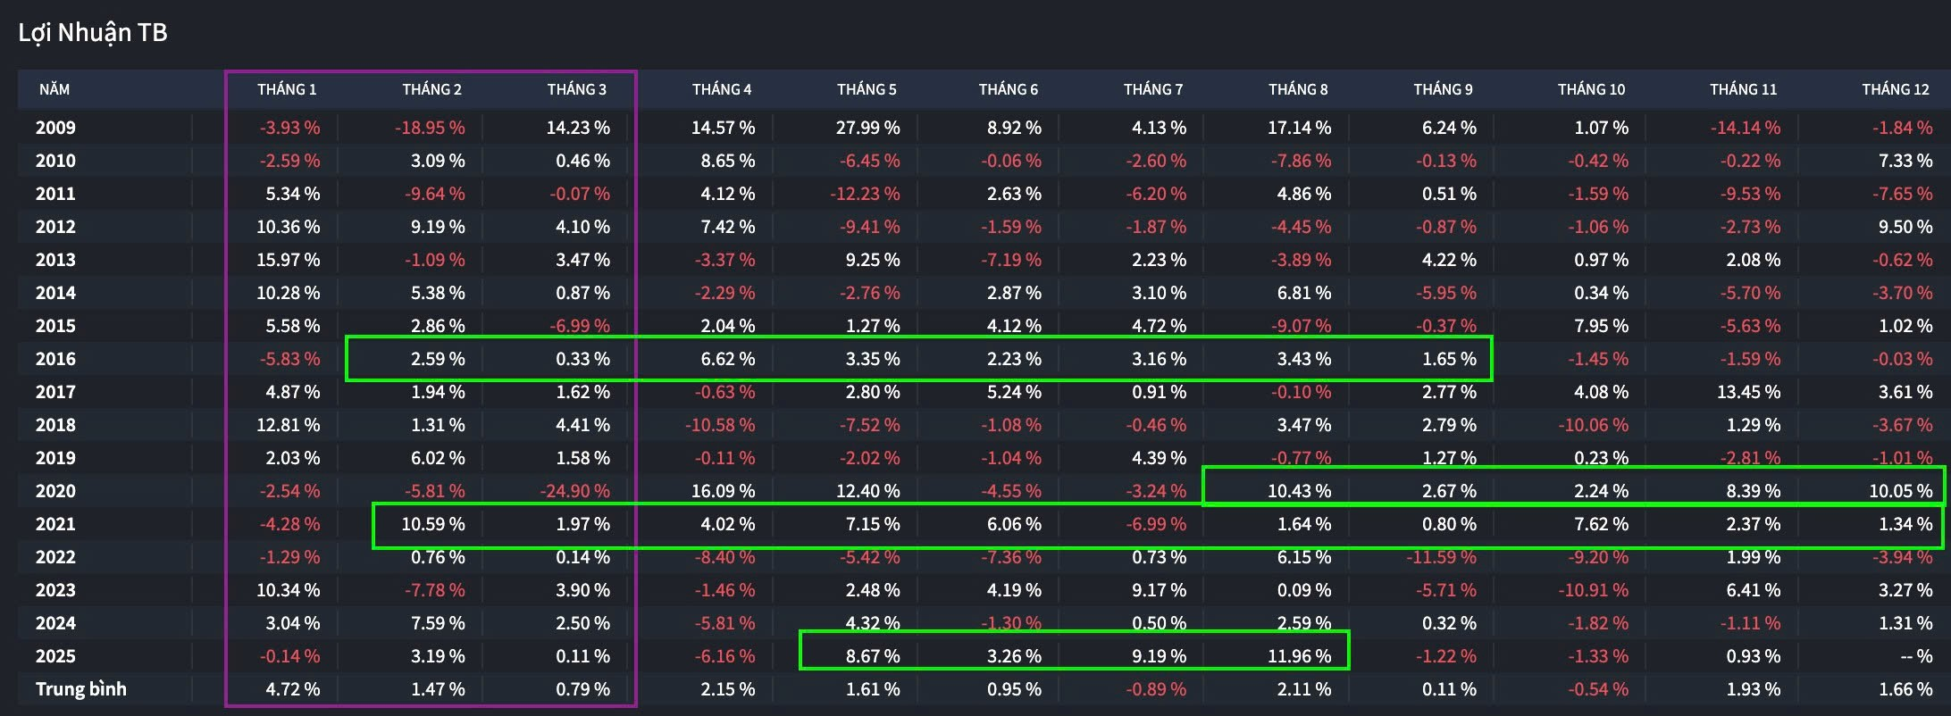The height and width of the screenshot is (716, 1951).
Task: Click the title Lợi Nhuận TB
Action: [93, 33]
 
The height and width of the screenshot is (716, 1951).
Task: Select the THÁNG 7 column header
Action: [1152, 89]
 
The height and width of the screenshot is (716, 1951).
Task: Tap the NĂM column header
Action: [54, 89]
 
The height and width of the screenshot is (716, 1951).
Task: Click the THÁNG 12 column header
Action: [1895, 89]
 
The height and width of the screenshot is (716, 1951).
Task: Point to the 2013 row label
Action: [55, 260]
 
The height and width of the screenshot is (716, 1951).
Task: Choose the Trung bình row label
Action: [81, 689]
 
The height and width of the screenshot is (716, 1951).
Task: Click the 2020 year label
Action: [55, 491]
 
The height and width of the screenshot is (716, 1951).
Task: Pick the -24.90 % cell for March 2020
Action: [575, 491]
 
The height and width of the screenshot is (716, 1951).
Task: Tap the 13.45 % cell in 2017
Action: [1748, 392]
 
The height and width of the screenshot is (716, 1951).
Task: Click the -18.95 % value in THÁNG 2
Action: [430, 128]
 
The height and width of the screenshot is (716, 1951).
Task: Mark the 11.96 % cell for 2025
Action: [1299, 656]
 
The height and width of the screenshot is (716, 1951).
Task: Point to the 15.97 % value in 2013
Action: [288, 260]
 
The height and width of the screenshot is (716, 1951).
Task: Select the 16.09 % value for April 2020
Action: [723, 491]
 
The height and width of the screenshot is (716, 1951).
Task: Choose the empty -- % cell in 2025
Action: [1916, 656]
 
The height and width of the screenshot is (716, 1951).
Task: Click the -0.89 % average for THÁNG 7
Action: [1156, 689]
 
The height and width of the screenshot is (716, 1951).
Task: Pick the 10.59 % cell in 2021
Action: [432, 524]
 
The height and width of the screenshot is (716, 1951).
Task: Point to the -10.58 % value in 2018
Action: [720, 425]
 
